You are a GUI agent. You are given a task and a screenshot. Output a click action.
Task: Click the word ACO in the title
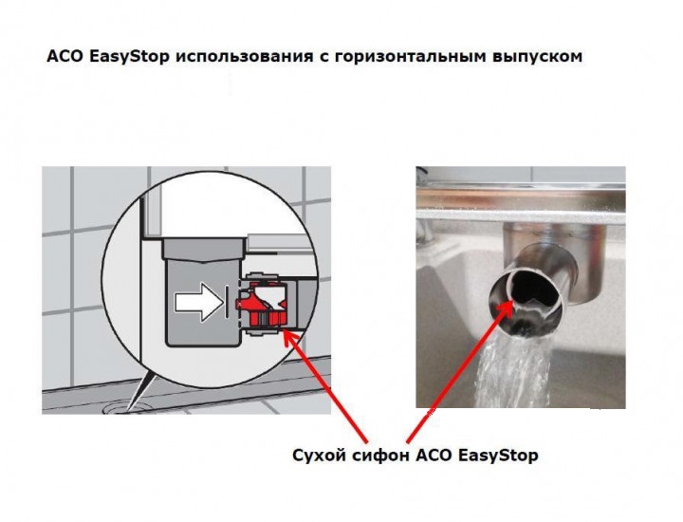(x=65, y=57)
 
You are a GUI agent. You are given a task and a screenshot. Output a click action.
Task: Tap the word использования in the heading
(x=245, y=57)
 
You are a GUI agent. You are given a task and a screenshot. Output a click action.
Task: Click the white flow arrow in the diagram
(x=198, y=302)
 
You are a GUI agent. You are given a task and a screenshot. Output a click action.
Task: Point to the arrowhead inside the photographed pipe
(x=508, y=308)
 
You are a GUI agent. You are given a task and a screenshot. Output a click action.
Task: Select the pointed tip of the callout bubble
(x=129, y=410)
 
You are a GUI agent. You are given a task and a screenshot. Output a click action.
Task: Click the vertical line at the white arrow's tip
(x=227, y=300)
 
